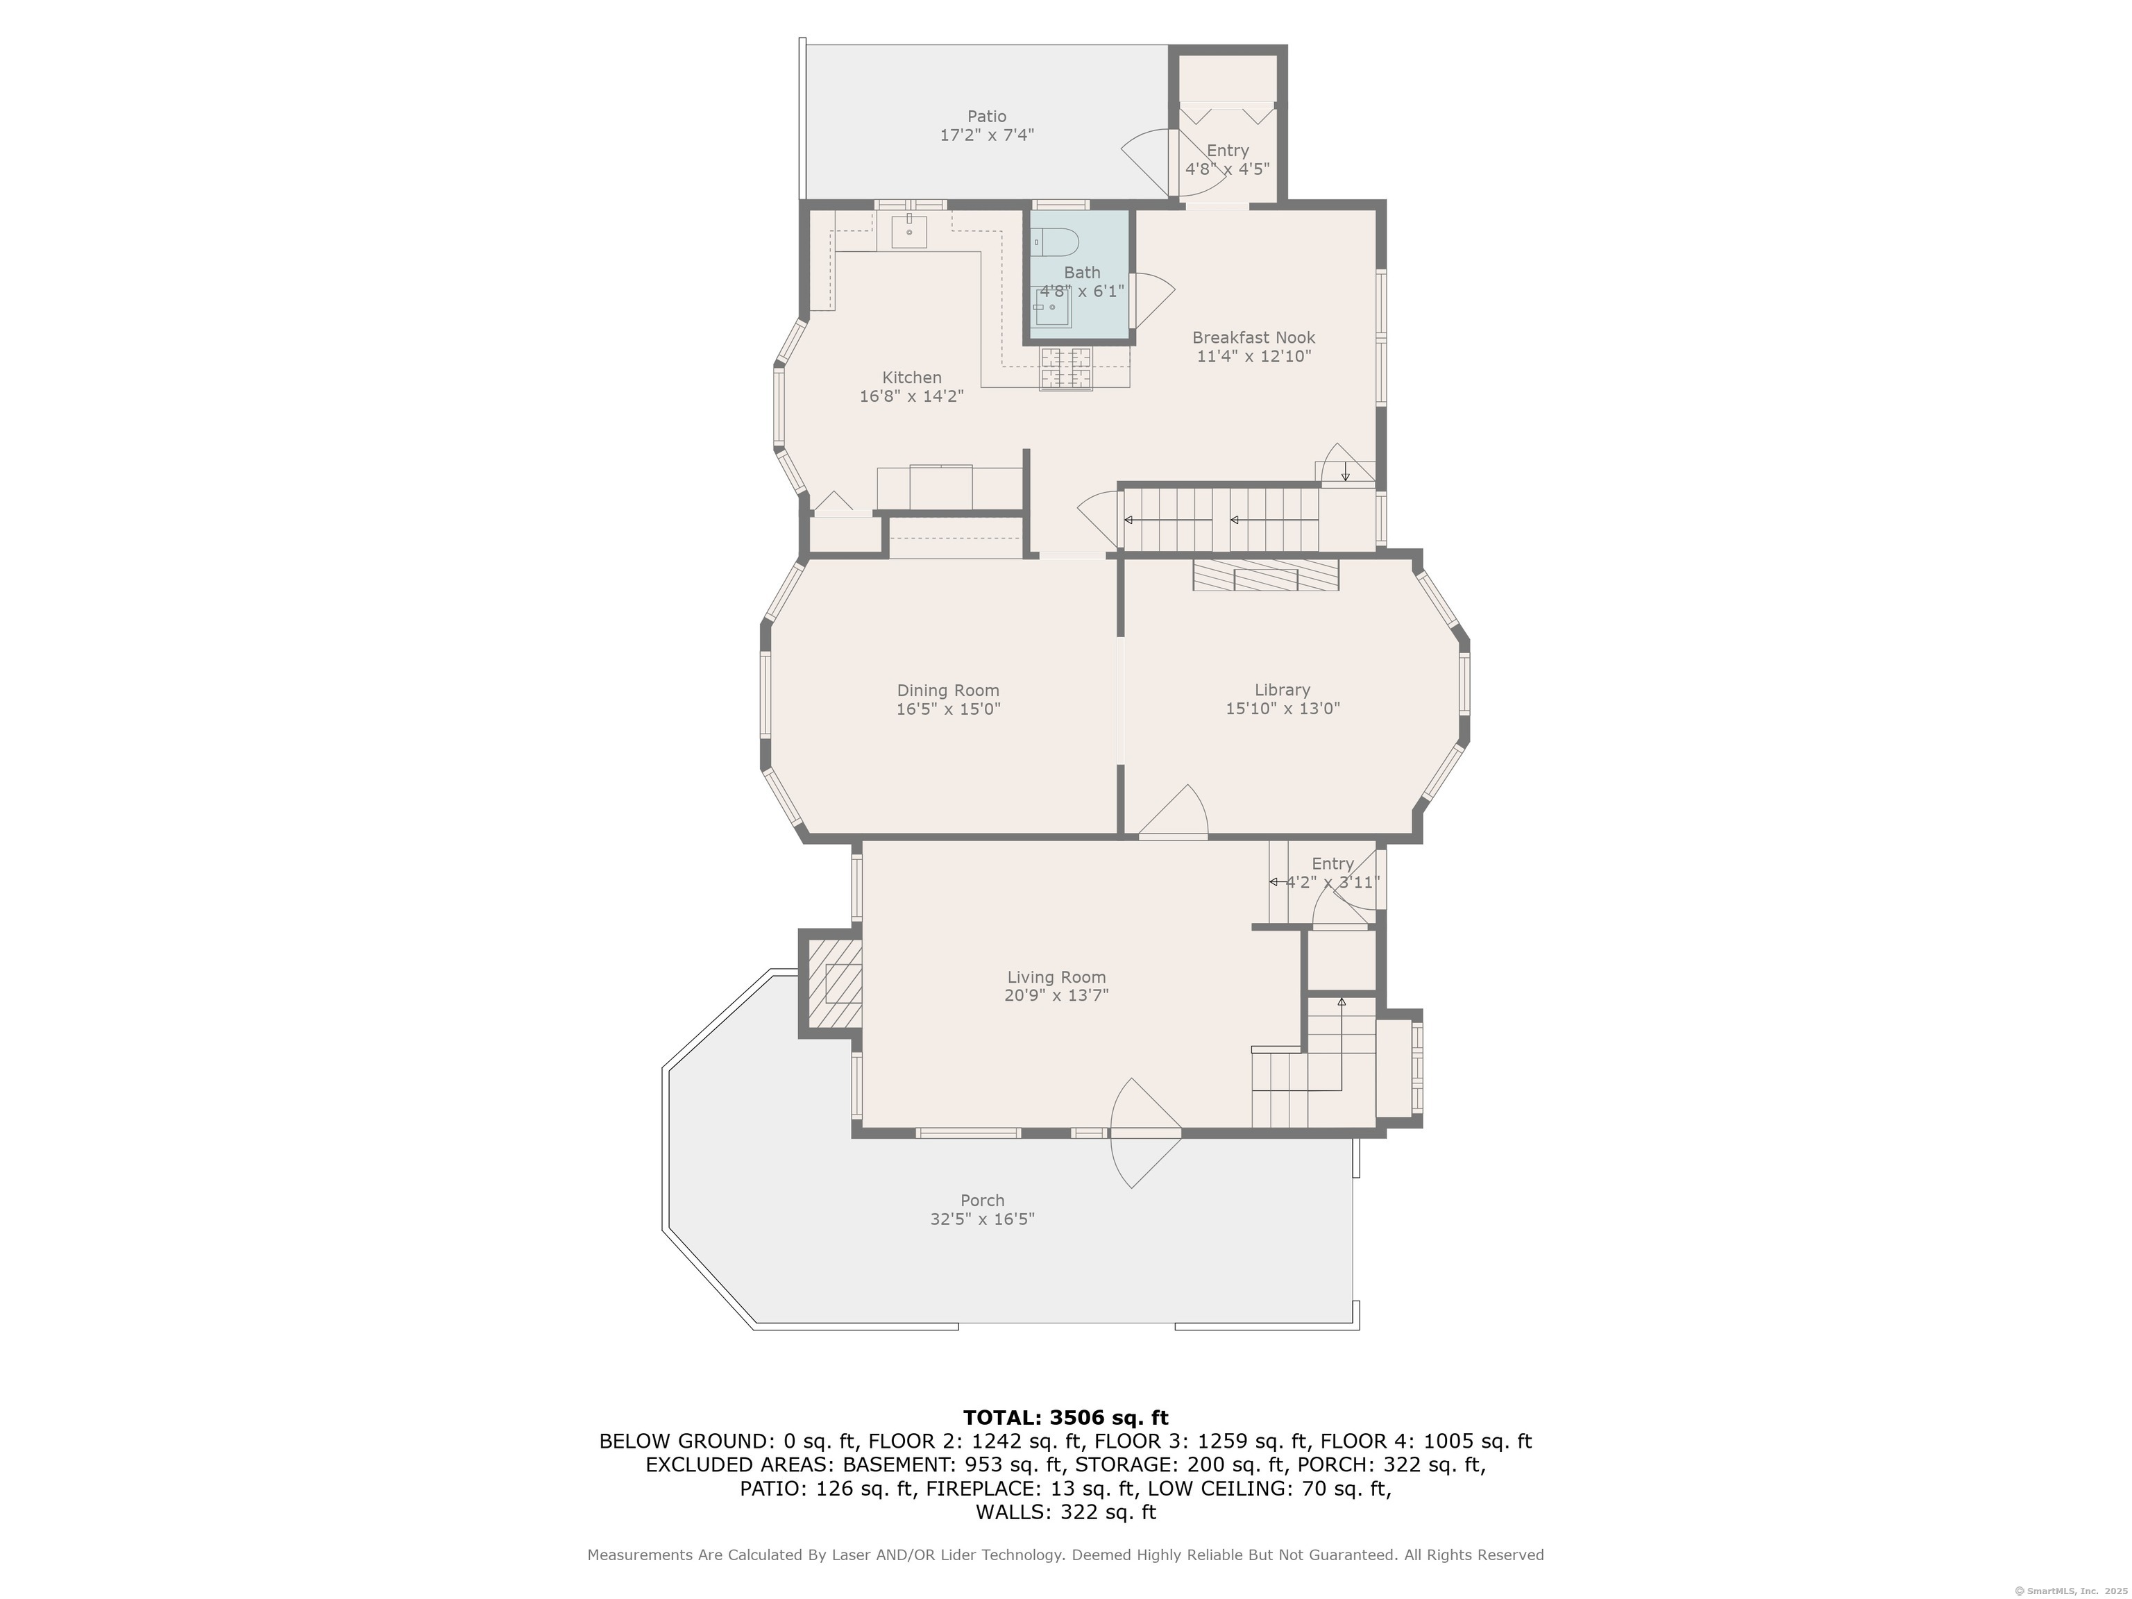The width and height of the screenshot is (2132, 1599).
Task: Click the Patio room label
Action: (x=987, y=117)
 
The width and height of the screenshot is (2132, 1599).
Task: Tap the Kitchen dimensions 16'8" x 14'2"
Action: (x=912, y=396)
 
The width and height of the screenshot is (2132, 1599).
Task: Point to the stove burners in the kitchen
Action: (x=1065, y=369)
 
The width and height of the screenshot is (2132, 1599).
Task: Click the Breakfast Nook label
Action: (x=1253, y=337)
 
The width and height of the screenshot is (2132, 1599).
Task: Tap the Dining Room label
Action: (x=949, y=690)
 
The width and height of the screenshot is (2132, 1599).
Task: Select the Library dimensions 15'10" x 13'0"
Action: (x=1283, y=709)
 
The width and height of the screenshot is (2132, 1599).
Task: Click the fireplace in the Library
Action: (x=1265, y=575)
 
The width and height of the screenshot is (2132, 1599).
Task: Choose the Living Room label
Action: (x=1056, y=977)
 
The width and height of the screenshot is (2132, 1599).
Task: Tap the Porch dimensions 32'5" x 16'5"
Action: (x=982, y=1219)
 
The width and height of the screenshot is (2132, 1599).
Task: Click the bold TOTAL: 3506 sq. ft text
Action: (x=1065, y=1418)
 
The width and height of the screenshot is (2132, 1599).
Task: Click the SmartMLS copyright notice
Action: (x=2072, y=1591)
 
